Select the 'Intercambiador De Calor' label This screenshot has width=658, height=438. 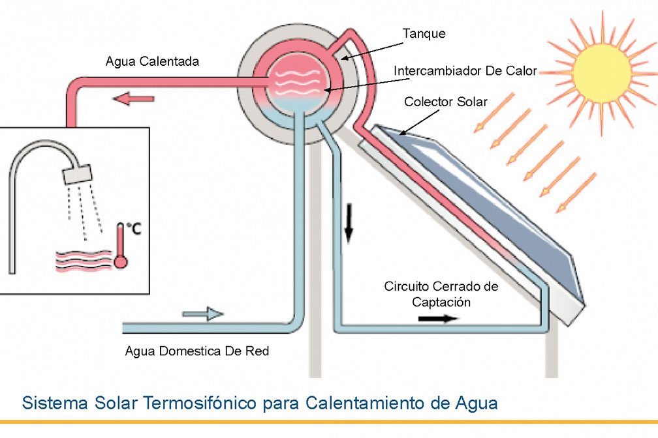pyautogui.click(x=465, y=70)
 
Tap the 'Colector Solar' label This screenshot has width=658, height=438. pyautogui.click(x=445, y=102)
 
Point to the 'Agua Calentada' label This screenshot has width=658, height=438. pyautogui.click(x=152, y=62)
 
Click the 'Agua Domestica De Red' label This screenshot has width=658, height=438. pyautogui.click(x=196, y=351)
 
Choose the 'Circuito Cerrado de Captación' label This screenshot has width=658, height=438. pyautogui.click(x=441, y=294)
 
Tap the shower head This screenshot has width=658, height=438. pyautogui.click(x=77, y=173)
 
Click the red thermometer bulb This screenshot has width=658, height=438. pyautogui.click(x=120, y=261)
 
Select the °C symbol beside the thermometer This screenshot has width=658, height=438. pyautogui.click(x=133, y=229)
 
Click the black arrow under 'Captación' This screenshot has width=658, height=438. pyautogui.click(x=438, y=319)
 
